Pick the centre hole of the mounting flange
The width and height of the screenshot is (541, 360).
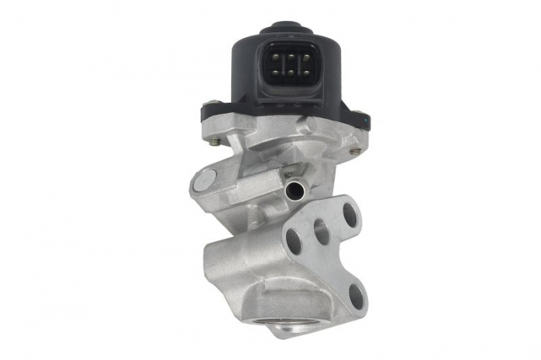[321, 230]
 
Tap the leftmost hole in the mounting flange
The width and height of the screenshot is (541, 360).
[294, 241]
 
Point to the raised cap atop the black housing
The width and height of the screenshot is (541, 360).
[286, 29]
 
